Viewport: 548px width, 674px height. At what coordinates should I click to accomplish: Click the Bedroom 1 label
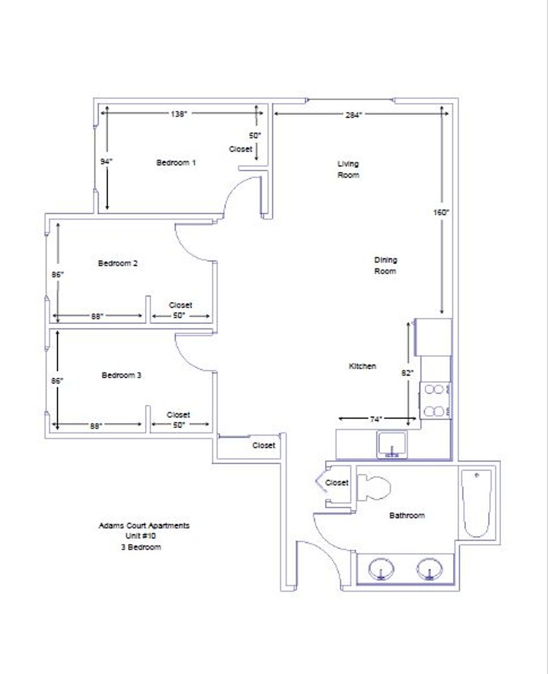(x=176, y=162)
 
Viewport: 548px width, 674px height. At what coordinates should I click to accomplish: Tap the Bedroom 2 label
(x=118, y=263)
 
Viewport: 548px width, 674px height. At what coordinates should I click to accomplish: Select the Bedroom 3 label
(x=121, y=375)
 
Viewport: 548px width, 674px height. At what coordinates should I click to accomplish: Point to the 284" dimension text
(x=354, y=115)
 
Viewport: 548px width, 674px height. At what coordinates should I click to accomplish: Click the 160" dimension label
(x=441, y=212)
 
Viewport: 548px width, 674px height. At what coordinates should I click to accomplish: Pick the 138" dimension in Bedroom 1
(x=179, y=114)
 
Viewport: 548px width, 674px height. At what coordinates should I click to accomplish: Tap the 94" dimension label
(x=106, y=162)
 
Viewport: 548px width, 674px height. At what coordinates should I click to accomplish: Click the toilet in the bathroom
(x=374, y=487)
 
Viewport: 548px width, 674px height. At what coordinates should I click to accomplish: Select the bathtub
(x=477, y=504)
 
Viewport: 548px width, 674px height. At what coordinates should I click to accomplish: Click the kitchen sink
(x=391, y=445)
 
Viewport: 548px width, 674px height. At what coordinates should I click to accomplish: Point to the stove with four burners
(x=436, y=401)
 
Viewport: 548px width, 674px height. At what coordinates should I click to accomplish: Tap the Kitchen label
(x=362, y=366)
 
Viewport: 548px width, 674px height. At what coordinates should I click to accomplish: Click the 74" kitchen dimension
(x=376, y=419)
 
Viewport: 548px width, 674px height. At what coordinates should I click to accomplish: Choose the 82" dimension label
(x=407, y=373)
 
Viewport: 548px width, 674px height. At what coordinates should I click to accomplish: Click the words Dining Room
(x=386, y=266)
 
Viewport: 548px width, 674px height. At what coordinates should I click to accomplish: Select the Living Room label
(x=348, y=169)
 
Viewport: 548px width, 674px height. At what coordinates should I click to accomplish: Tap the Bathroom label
(x=407, y=515)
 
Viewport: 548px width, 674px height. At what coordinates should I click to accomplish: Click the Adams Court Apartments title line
(x=144, y=525)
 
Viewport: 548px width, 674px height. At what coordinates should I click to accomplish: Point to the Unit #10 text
(x=141, y=536)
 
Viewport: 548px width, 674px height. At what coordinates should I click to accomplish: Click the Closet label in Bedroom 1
(x=241, y=149)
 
